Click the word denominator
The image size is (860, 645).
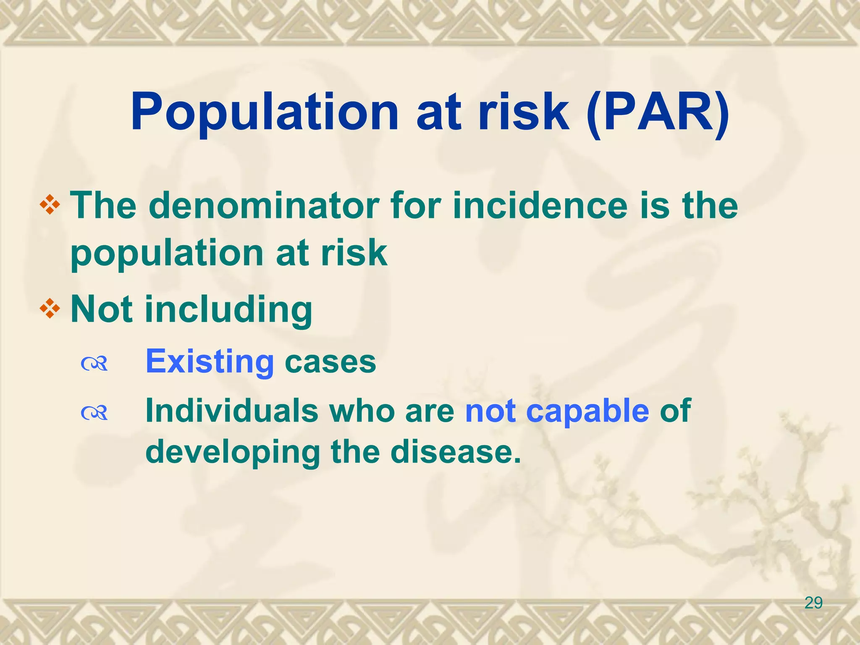click(265, 206)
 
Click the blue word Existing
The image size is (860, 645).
click(210, 362)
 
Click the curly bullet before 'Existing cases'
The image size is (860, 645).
click(94, 364)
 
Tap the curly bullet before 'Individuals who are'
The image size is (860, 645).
click(94, 413)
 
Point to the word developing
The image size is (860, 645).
click(233, 453)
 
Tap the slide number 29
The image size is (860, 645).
click(813, 603)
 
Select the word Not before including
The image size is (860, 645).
click(103, 310)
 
